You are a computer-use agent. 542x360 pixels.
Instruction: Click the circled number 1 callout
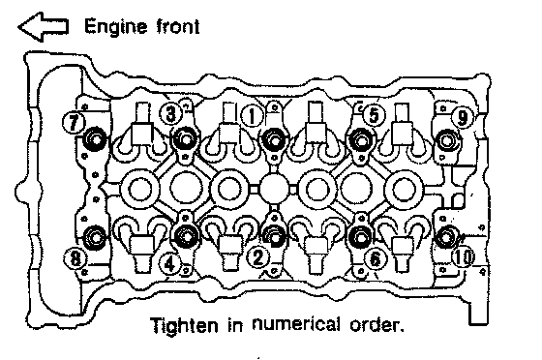pos(253,116)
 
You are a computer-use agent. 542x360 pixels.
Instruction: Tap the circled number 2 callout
pos(257,257)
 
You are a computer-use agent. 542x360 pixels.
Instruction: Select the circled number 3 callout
pos(171,113)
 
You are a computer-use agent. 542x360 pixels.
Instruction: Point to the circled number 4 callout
pos(169,264)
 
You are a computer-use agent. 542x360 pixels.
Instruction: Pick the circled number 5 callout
pos(374,115)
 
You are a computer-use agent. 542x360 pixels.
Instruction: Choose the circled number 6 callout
pos(375,259)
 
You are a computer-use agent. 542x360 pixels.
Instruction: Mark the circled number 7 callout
pos(74,122)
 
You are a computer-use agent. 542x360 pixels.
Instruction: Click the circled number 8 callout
pos(75,258)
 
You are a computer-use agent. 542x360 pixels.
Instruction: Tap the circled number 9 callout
pos(463,117)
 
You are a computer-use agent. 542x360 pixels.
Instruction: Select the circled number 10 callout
pos(464,257)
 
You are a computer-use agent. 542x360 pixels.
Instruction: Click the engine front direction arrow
pos(44,27)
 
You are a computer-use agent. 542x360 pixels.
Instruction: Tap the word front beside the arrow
pos(178,27)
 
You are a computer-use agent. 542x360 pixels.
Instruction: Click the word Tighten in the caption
pos(185,325)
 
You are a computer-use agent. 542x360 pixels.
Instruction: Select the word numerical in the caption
pos(296,324)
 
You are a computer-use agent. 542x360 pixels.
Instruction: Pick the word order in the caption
pos(375,325)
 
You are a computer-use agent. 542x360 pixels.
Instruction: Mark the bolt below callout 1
pos(274,140)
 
